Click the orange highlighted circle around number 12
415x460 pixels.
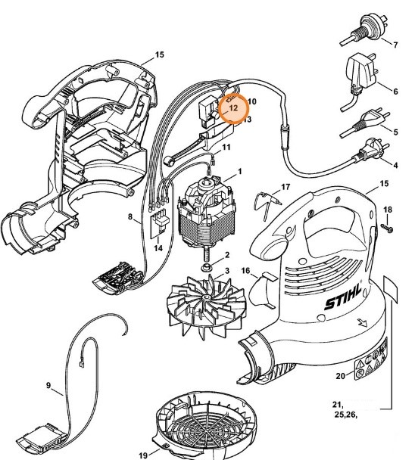coord(232,109)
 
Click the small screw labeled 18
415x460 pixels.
coord(386,226)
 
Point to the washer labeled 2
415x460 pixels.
coord(205,267)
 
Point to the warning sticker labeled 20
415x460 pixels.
coord(374,362)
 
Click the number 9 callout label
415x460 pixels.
coord(49,386)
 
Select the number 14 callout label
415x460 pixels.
coord(158,248)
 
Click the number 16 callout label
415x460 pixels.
coord(246,270)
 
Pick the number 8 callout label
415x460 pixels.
coord(131,218)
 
